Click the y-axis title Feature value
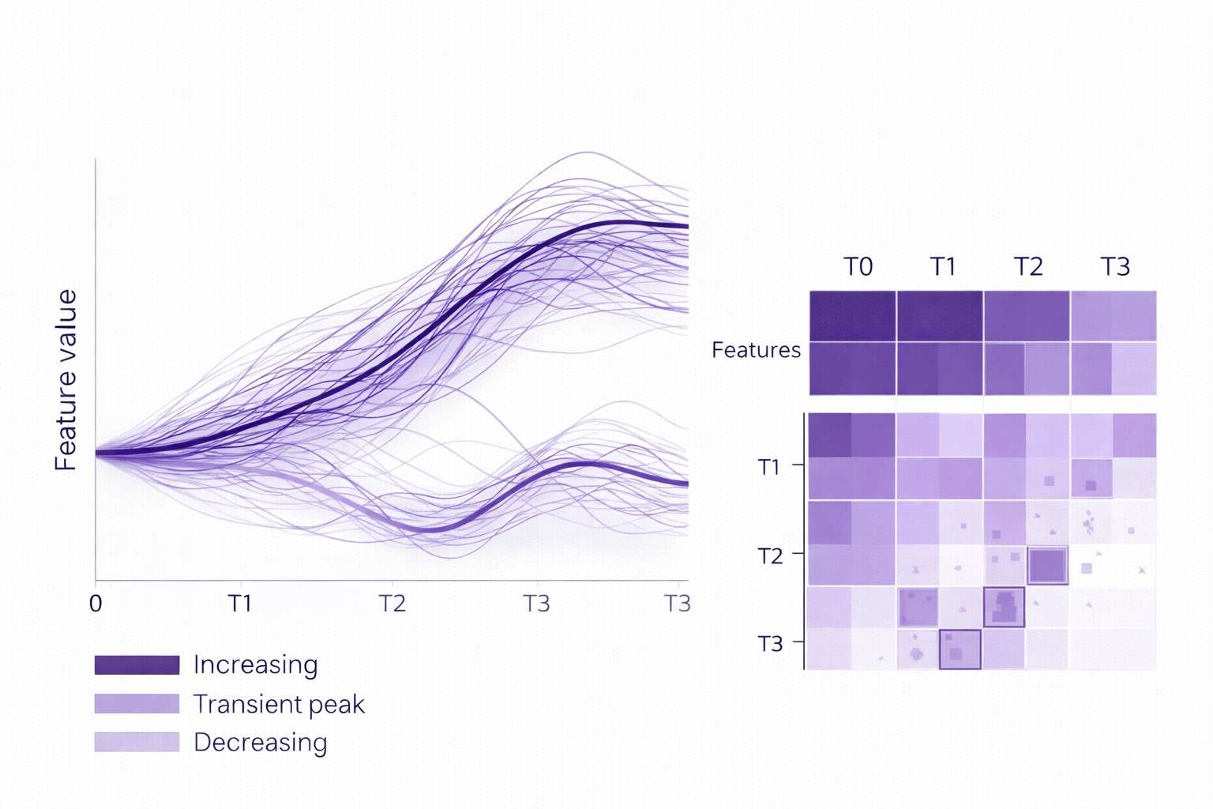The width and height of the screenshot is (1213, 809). pyautogui.click(x=66, y=380)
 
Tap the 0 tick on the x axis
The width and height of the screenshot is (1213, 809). pyautogui.click(x=96, y=604)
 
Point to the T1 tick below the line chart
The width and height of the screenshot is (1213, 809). pyautogui.click(x=240, y=604)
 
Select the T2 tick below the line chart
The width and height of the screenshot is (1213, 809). pyautogui.click(x=392, y=604)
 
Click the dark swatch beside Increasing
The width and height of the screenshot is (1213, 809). pyautogui.click(x=137, y=664)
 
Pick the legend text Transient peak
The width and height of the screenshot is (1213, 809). pyautogui.click(x=279, y=704)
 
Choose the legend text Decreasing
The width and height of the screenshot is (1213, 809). pyautogui.click(x=260, y=743)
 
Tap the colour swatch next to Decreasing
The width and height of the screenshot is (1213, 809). pyautogui.click(x=137, y=742)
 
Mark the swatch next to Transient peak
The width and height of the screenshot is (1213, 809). pyautogui.click(x=137, y=703)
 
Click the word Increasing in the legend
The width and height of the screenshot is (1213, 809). pyautogui.click(x=255, y=664)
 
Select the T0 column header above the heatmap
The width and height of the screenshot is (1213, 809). pyautogui.click(x=858, y=267)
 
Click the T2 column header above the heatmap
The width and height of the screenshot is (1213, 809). pyautogui.click(x=1028, y=267)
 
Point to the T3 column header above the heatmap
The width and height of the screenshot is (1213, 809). pyautogui.click(x=1115, y=267)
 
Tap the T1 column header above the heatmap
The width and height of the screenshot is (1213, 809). pyautogui.click(x=943, y=267)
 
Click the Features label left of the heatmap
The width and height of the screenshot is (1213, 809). pyautogui.click(x=756, y=350)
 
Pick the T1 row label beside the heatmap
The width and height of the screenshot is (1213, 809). pyautogui.click(x=769, y=467)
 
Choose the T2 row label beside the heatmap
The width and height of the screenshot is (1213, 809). pyautogui.click(x=770, y=556)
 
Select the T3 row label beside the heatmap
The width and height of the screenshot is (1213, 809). pyautogui.click(x=770, y=644)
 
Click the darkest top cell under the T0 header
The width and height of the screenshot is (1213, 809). pyautogui.click(x=852, y=316)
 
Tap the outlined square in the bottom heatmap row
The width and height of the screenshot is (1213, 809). pyautogui.click(x=960, y=649)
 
